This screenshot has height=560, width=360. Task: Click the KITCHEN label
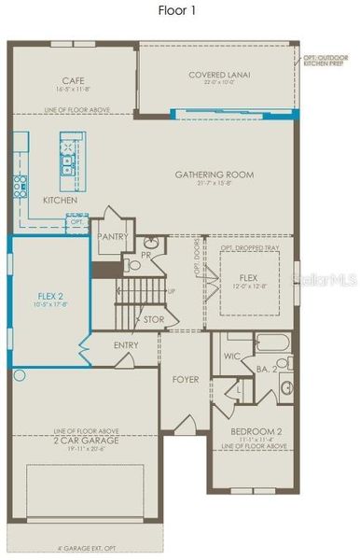tap(60, 200)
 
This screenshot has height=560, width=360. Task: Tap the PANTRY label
tap(112, 237)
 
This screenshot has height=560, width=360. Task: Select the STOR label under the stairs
tap(155, 318)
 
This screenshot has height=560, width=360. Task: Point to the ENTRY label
tap(126, 344)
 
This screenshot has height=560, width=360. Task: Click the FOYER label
tap(186, 379)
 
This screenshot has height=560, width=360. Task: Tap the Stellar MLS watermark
tap(326, 277)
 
